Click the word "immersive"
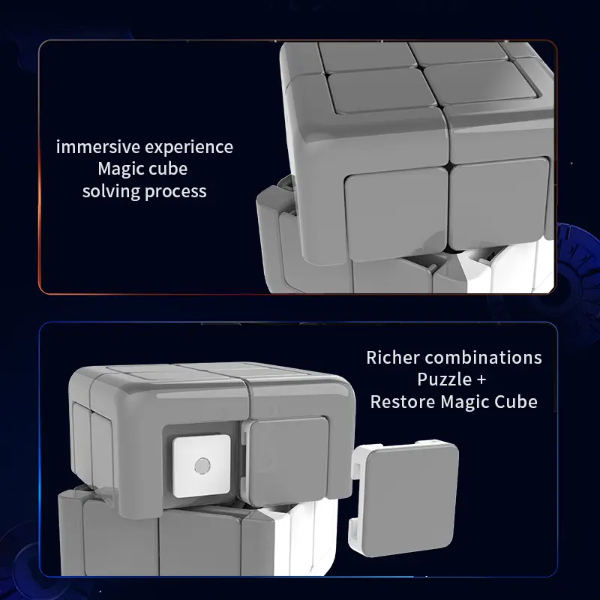click(98, 147)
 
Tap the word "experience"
click(189, 148)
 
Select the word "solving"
click(111, 191)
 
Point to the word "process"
click(175, 192)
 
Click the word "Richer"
click(392, 358)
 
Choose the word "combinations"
click(483, 358)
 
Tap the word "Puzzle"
click(444, 379)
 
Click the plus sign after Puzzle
click(481, 380)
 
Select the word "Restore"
click(403, 402)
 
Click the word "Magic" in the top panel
click(120, 169)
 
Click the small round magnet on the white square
click(202, 466)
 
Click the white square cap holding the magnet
click(202, 466)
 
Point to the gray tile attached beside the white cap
click(288, 461)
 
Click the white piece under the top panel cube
click(509, 268)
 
